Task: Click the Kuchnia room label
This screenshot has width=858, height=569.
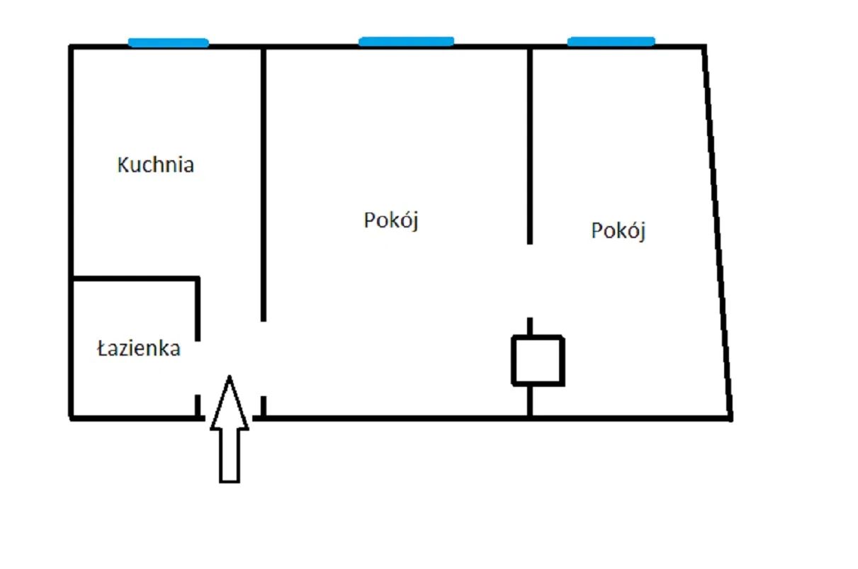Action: tap(155, 165)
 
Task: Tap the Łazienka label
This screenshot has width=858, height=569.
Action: tap(139, 349)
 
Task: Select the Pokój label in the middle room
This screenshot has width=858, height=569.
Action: tap(391, 220)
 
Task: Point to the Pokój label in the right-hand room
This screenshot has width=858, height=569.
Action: tap(619, 231)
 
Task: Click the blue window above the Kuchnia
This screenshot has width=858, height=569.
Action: tap(169, 43)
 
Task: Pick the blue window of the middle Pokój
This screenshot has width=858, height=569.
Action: tap(407, 41)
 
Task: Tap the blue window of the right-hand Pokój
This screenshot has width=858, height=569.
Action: tap(611, 41)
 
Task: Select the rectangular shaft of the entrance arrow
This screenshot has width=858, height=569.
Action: tap(230, 456)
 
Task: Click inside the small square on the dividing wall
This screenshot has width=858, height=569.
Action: tap(538, 361)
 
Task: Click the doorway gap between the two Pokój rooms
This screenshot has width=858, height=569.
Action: tap(530, 281)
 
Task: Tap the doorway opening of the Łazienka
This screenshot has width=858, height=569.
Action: tap(198, 368)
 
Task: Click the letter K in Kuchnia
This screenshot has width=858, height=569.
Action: tap(123, 165)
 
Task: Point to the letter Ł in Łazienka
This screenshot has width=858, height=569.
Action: tap(102, 349)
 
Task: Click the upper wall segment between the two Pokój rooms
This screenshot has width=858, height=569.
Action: tap(530, 145)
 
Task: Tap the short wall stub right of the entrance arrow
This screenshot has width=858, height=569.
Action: tap(264, 406)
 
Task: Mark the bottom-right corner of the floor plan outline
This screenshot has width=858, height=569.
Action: tap(731, 418)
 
